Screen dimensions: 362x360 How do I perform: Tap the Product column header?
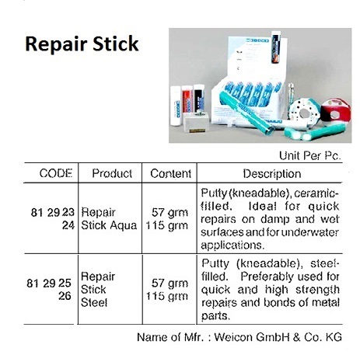[112, 173]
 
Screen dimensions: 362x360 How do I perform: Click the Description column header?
[271, 173]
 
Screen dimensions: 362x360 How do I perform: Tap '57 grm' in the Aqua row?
[171, 211]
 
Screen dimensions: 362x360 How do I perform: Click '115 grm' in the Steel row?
[170, 296]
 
